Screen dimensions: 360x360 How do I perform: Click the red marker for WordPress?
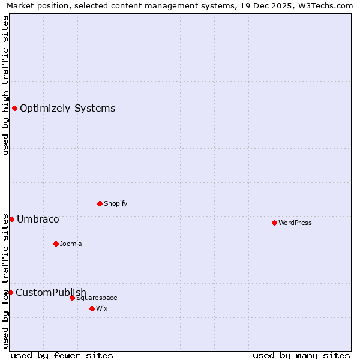(x=274, y=223)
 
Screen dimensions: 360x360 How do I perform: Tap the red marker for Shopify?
(x=100, y=203)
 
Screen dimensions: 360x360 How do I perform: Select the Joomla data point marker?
(x=56, y=244)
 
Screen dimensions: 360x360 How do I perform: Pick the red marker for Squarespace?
(x=72, y=298)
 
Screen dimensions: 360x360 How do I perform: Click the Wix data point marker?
(x=92, y=308)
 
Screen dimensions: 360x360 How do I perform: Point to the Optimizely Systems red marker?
(x=14, y=108)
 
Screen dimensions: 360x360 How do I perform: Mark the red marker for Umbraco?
(x=11, y=219)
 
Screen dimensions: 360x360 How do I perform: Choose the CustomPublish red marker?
(x=10, y=292)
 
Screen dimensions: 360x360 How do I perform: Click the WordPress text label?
(x=295, y=223)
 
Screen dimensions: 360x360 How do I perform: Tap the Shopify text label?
(x=116, y=203)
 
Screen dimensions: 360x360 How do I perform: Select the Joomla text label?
(x=71, y=244)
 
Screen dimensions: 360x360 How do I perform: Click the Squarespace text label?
(x=97, y=298)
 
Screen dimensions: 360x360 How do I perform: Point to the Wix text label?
(x=102, y=308)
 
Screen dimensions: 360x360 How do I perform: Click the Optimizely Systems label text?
(x=68, y=109)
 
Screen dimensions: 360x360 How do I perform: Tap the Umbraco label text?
(x=38, y=220)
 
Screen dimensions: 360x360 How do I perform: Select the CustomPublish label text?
(x=51, y=293)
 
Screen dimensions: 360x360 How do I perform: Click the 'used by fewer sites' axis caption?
(x=62, y=355)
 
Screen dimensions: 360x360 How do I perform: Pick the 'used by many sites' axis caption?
(x=301, y=355)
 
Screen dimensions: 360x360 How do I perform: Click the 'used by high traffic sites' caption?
(x=5, y=85)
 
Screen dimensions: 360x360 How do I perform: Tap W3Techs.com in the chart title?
(x=322, y=6)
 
